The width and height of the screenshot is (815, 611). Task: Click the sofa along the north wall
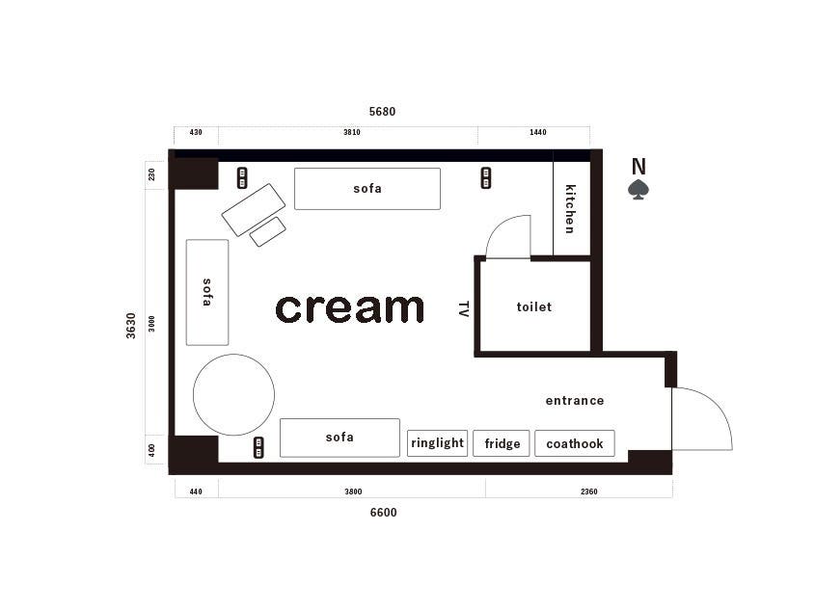(367, 189)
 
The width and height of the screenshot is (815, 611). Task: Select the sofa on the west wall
(206, 292)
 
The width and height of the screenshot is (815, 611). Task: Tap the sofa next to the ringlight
(340, 438)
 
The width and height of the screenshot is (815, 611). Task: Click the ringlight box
(437, 443)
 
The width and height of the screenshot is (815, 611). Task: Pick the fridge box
(502, 443)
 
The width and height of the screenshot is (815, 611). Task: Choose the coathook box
(574, 443)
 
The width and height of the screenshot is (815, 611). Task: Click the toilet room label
(533, 307)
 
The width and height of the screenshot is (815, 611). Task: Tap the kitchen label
(570, 209)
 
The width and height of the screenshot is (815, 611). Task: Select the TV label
(464, 308)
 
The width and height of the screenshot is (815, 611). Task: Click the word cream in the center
(350, 308)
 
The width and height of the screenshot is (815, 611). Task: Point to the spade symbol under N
(638, 190)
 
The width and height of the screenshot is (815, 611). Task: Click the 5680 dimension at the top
(382, 111)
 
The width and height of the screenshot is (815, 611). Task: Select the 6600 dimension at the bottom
(383, 513)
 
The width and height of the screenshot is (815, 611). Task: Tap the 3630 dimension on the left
(130, 326)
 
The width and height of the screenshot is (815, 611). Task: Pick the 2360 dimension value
(589, 491)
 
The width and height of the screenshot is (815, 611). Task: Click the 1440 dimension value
(538, 132)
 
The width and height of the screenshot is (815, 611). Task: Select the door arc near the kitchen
(498, 227)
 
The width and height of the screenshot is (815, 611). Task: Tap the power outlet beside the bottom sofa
(258, 447)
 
